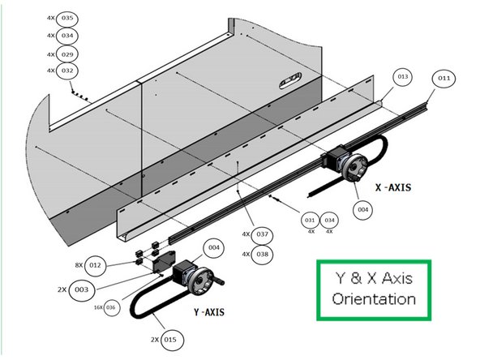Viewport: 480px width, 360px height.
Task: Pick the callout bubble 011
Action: pyautogui.click(x=444, y=79)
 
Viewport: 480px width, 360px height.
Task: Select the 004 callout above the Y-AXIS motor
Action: pyautogui.click(x=213, y=247)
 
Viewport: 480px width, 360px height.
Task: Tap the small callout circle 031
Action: pyautogui.click(x=310, y=221)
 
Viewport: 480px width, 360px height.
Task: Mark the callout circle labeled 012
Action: pyautogui.click(x=95, y=265)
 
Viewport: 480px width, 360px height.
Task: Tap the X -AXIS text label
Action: pyautogui.click(x=393, y=187)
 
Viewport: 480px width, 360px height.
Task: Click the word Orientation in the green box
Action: pyautogui.click(x=374, y=298)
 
